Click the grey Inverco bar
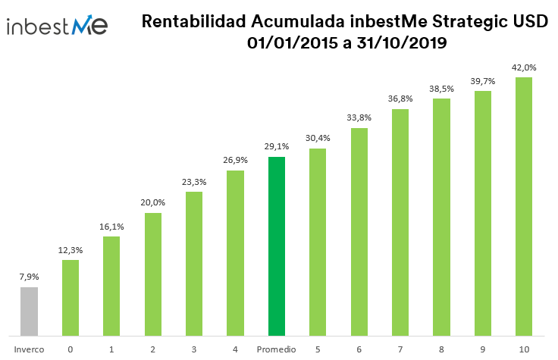pos(29,311)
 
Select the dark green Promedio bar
pos(277,246)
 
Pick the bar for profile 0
pos(71,297)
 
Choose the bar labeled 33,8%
pos(359,231)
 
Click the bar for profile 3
pos(194,263)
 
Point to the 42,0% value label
pos(524,67)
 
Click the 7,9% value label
pos(29,277)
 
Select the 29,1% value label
pos(277,147)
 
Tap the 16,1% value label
pos(111,227)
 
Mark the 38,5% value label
pos(441,88)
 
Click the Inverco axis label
pos(29,349)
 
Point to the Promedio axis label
pos(277,349)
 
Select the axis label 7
pos(400,349)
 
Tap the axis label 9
pos(483,349)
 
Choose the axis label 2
pos(153,349)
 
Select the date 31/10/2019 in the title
pos(400,44)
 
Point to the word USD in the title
pos(529,23)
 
